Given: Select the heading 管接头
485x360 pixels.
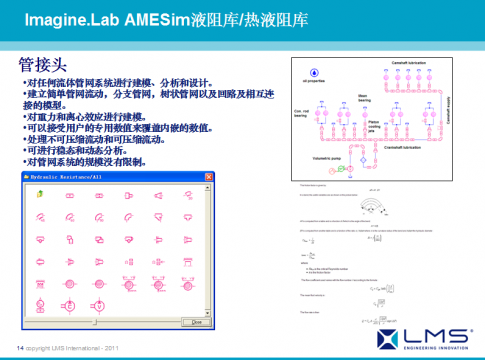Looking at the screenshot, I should point(41,65).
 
